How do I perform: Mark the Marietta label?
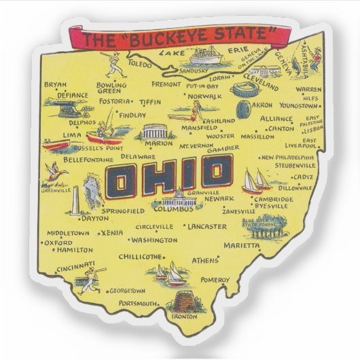tap(242, 245)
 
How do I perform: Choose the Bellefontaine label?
tap(88, 160)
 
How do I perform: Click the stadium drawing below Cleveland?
tap(245, 90)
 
